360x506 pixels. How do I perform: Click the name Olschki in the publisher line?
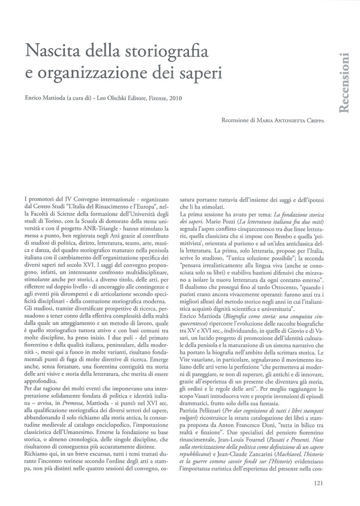coord(112,97)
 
